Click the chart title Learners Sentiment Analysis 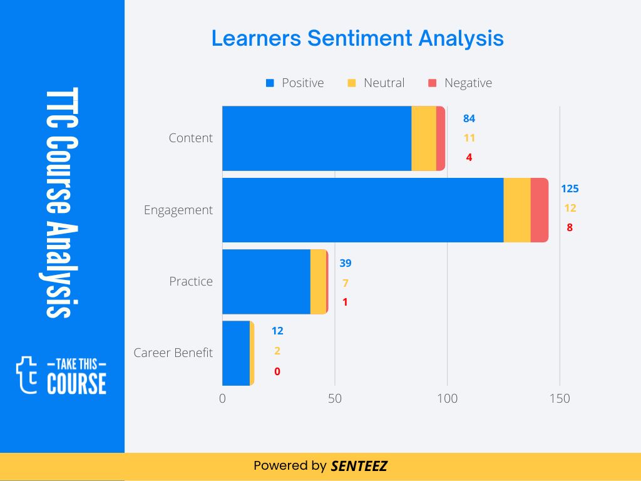pos(357,38)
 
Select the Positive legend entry pos(295,83)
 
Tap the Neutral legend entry pos(376,83)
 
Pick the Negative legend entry pos(460,83)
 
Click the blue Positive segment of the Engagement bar pos(363,210)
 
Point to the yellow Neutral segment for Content pos(424,138)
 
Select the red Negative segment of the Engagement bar pos(539,210)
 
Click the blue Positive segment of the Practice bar pos(267,281)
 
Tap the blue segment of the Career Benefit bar pos(236,353)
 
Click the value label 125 pos(570,189)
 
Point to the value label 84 pos(469,118)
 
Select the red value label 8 pos(570,228)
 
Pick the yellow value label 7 pos(345,283)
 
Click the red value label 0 pos(277,371)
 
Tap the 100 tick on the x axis pos(447,398)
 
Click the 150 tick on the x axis pos(560,398)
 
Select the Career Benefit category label pos(173,353)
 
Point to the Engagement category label pos(178,210)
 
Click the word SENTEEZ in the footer pos(359,466)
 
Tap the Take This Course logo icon pos(27,375)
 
